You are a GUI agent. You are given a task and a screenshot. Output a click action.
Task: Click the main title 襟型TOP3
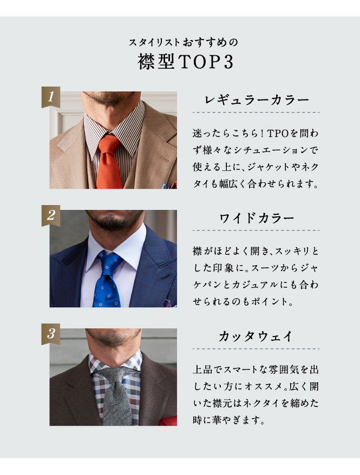[x=186, y=62]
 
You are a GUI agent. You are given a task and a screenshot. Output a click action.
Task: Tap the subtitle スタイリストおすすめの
[x=184, y=42]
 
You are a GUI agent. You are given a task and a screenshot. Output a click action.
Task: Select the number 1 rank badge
[x=50, y=97]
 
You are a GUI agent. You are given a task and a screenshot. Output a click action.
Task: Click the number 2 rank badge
[x=50, y=215]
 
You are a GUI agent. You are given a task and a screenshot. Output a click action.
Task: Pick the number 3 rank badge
[x=50, y=334]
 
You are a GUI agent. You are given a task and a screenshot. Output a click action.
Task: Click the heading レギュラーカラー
[x=257, y=100]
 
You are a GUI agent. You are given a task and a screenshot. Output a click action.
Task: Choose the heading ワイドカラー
[x=257, y=218]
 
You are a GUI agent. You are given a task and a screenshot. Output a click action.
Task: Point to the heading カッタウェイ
[x=256, y=337]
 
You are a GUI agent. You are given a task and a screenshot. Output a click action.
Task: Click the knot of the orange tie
[x=109, y=144]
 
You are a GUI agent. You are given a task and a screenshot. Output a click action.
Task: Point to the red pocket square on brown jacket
[x=169, y=421]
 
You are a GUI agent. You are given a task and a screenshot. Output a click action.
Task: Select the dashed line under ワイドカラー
[x=256, y=230]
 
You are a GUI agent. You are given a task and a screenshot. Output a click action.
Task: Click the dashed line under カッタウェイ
[x=256, y=349]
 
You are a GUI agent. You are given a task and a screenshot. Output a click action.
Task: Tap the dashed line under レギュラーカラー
[x=256, y=112]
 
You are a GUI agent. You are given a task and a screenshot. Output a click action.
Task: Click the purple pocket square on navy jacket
[x=169, y=304]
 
